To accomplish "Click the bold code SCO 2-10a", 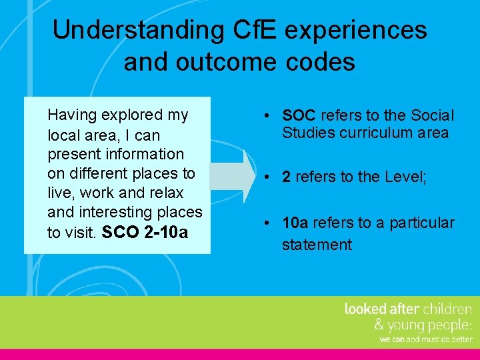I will click(x=145, y=233).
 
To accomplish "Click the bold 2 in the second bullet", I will click(x=286, y=177).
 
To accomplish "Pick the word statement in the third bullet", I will click(x=317, y=245).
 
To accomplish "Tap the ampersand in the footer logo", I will click(x=379, y=325).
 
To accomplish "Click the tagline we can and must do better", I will click(x=425, y=339).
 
